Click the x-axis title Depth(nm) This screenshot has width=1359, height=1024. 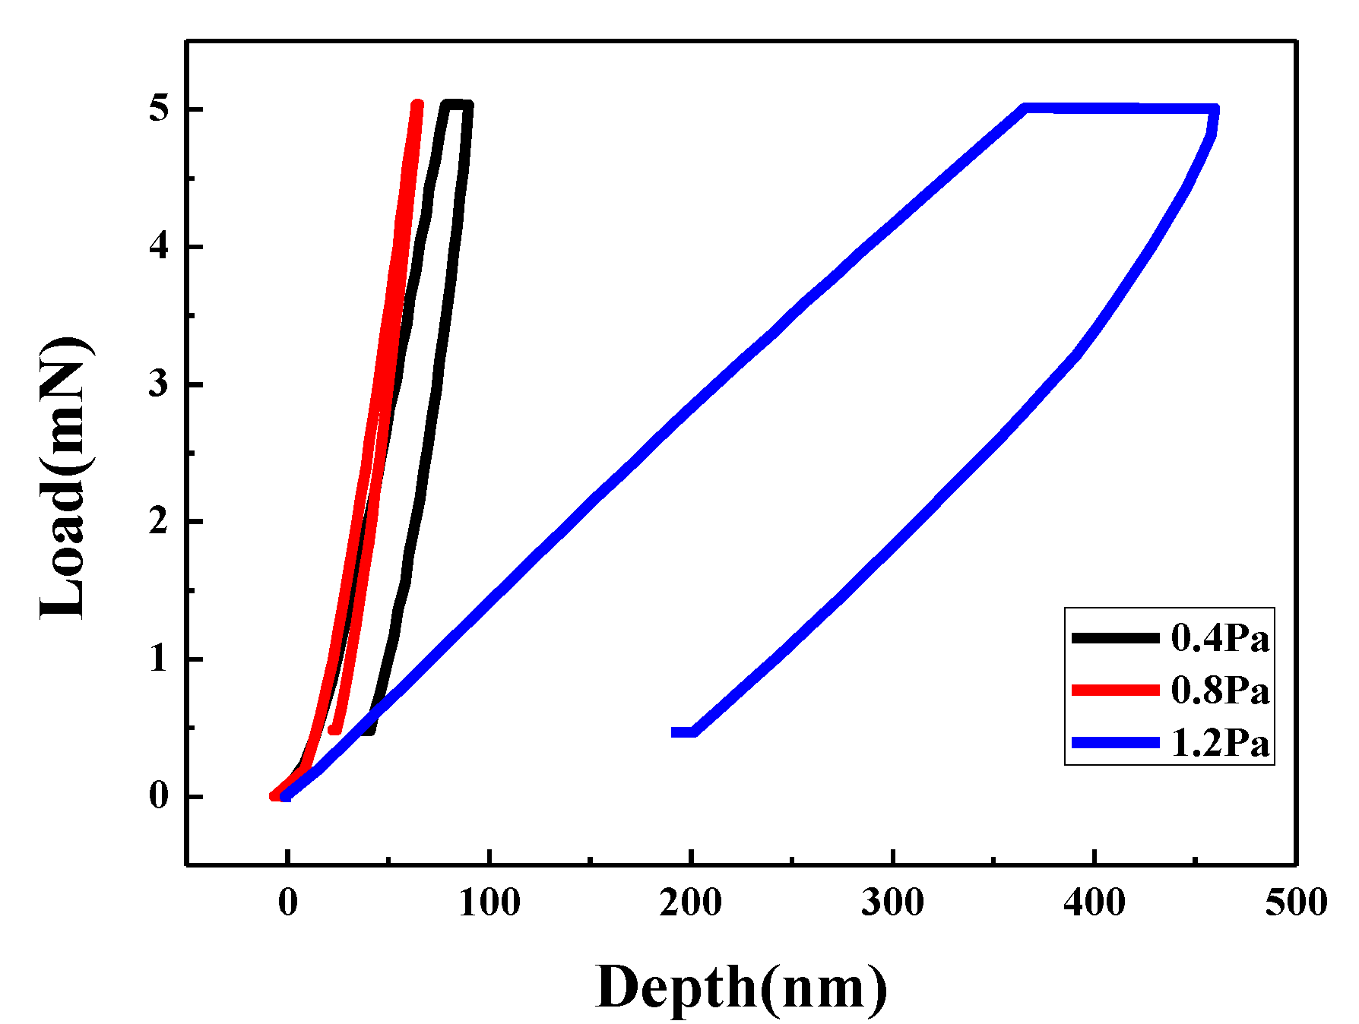tap(741, 988)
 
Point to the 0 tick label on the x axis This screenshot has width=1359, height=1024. tap(287, 902)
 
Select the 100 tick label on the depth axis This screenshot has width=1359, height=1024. tap(489, 902)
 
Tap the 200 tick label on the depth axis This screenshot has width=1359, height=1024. tap(691, 902)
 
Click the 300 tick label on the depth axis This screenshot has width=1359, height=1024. tap(892, 902)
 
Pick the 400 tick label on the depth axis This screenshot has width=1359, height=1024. tap(1094, 902)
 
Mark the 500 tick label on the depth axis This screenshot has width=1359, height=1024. tap(1296, 902)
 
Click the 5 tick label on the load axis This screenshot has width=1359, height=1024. tap(157, 110)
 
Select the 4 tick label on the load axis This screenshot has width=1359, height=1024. tap(157, 248)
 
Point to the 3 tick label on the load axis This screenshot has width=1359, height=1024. tap(157, 384)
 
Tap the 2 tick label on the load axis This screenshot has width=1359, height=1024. tap(157, 522)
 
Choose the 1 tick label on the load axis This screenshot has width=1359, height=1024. tap(157, 659)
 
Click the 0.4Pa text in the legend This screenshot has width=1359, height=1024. tap(1220, 638)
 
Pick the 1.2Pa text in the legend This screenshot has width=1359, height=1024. tap(1220, 743)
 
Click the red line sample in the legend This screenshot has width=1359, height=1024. tap(1115, 690)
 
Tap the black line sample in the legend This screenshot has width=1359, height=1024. tap(1115, 638)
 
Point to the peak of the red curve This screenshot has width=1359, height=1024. tap(417, 105)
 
